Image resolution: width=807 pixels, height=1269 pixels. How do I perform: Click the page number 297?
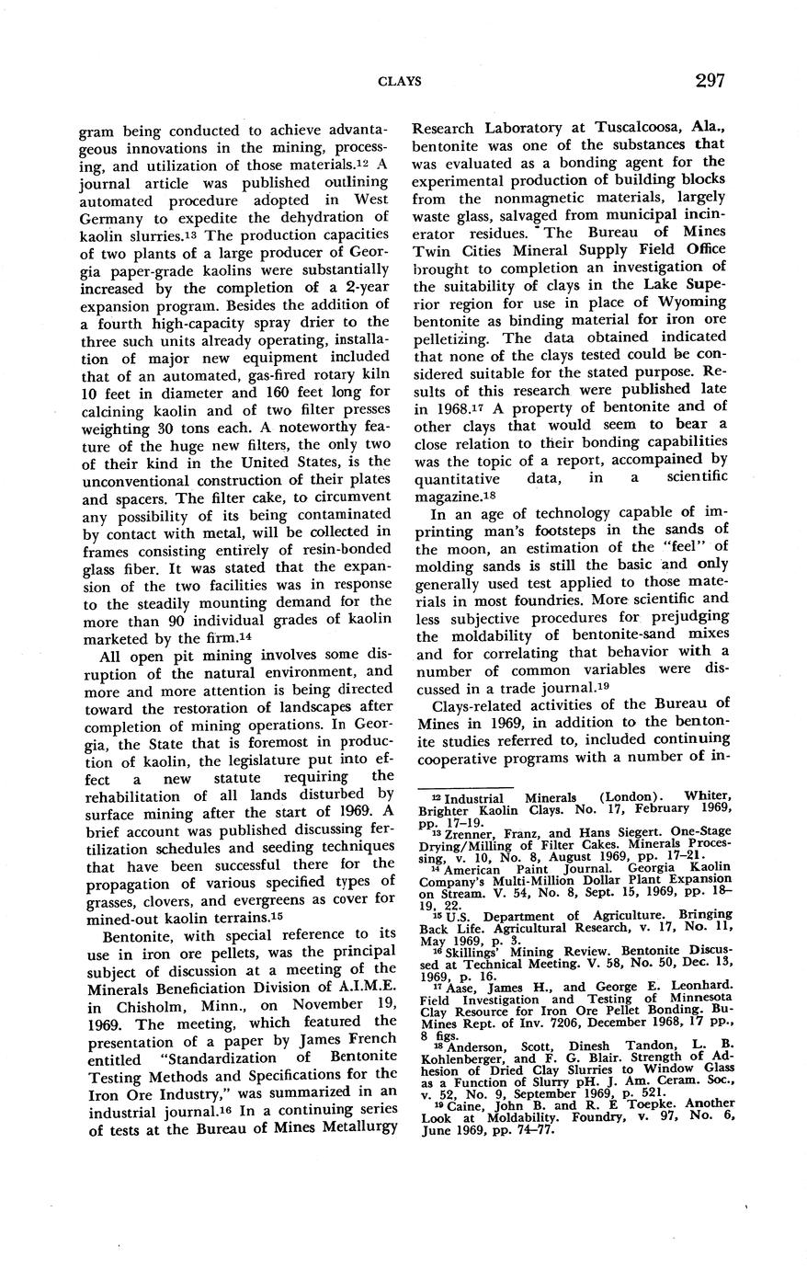pos(710,80)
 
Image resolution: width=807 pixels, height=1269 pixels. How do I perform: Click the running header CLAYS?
pos(401,82)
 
